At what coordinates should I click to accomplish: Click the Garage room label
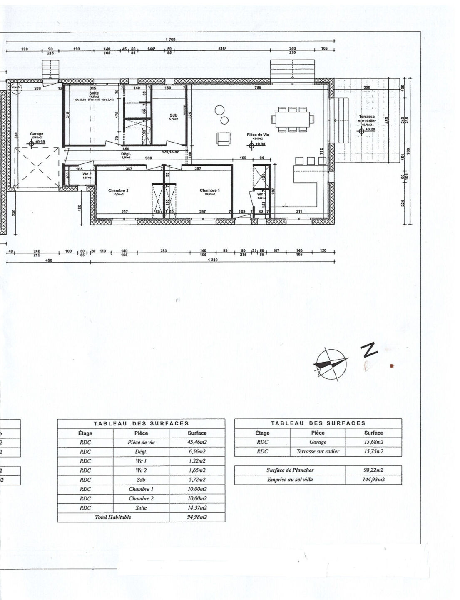tap(36, 134)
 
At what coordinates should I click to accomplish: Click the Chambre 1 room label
tap(209, 190)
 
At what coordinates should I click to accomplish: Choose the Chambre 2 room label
tap(118, 190)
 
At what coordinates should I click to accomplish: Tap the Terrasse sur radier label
tap(366, 119)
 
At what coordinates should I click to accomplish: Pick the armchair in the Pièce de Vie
tap(224, 138)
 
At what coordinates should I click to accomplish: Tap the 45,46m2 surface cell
tap(197, 442)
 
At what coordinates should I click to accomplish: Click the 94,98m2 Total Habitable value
tap(197, 517)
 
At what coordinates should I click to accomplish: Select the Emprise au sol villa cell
tap(290, 479)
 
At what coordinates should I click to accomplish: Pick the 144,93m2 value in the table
tap(373, 479)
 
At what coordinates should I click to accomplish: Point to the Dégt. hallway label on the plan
tap(126, 153)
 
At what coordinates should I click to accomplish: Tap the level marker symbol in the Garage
tap(31, 143)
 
